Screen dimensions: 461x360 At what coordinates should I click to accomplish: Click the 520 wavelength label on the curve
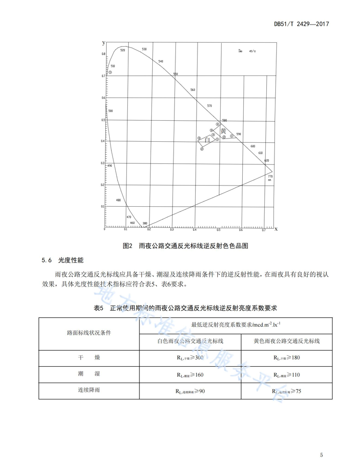[x=122, y=50]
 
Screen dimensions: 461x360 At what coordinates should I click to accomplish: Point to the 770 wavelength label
[x=270, y=176]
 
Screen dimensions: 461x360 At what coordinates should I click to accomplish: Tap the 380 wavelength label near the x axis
[x=145, y=224]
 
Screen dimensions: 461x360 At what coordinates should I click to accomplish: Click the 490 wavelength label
[x=109, y=166]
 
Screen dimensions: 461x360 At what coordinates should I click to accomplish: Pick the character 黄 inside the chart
[x=223, y=131]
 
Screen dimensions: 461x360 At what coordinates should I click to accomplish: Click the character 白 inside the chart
[x=207, y=140]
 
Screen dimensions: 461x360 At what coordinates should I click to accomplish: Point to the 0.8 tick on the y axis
[x=103, y=54]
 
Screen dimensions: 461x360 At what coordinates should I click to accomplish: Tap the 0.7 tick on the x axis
[x=263, y=230]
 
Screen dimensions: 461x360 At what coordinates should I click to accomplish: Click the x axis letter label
[x=275, y=229]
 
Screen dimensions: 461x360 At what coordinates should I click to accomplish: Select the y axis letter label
[x=103, y=42]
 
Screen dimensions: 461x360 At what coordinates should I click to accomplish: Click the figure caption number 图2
[x=127, y=246]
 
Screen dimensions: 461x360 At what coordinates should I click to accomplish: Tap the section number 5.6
[x=46, y=261]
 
